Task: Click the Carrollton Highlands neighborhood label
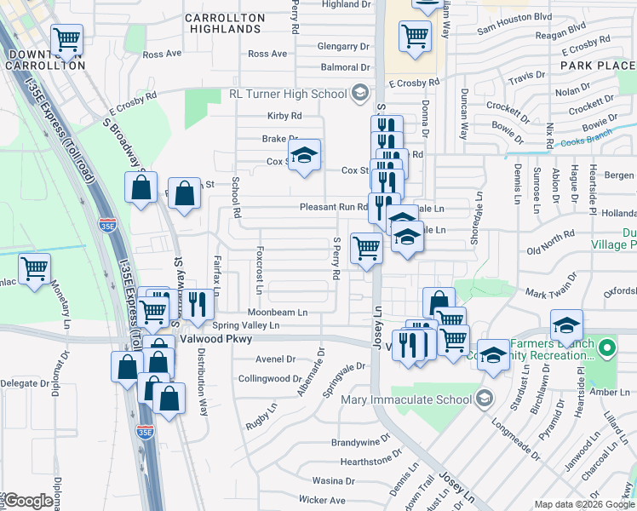(x=221, y=23)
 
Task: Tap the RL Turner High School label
(x=290, y=93)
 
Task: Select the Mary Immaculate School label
(x=406, y=399)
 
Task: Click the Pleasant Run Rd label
(x=333, y=207)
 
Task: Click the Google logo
(x=27, y=501)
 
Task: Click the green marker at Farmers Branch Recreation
(x=606, y=348)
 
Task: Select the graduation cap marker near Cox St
(x=303, y=155)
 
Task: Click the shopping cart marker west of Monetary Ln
(x=34, y=269)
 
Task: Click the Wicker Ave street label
(x=321, y=500)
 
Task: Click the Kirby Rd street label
(x=284, y=116)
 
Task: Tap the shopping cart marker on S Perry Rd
(x=366, y=249)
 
